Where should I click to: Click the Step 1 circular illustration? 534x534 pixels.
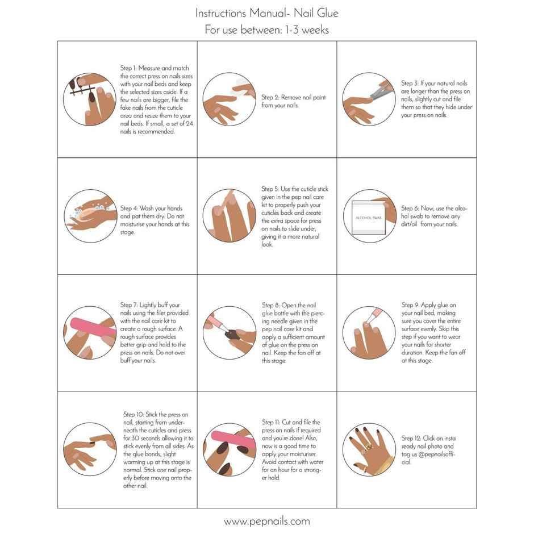pos(88,98)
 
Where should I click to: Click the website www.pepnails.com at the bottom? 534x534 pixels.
pos(266,521)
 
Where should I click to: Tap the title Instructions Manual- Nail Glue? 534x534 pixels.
pos(266,12)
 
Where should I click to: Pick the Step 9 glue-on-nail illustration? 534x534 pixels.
pos(369,332)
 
